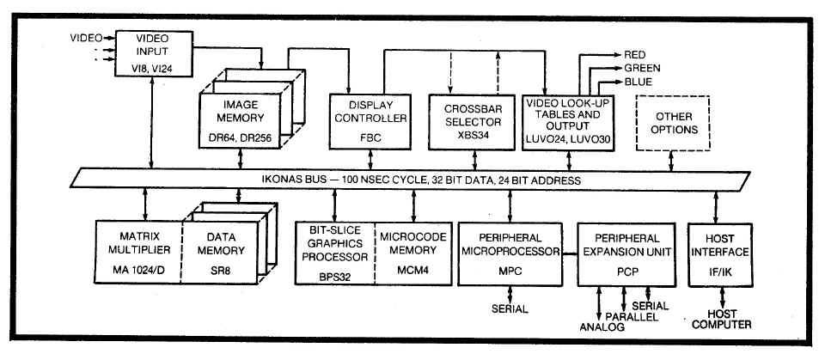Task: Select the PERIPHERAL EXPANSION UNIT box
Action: click(623, 250)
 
